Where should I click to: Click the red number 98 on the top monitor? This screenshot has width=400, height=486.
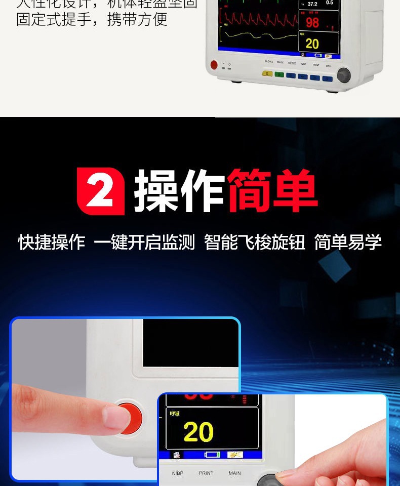click(x=312, y=22)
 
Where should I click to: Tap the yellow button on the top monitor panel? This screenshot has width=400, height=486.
click(x=267, y=74)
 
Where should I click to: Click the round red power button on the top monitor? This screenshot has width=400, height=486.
click(x=214, y=65)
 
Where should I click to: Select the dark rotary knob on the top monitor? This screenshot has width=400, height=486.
click(x=344, y=75)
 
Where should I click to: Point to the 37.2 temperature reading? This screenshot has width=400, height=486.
click(x=312, y=4)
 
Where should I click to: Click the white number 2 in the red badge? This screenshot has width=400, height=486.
click(x=101, y=191)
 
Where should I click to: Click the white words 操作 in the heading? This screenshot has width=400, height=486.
click(x=179, y=191)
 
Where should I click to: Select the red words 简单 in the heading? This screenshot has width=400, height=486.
click(x=272, y=191)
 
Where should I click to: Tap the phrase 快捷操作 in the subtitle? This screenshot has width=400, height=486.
click(x=52, y=242)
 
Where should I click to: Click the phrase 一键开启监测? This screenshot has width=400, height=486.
click(x=144, y=242)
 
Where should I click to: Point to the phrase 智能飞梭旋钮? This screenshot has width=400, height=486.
click(x=255, y=242)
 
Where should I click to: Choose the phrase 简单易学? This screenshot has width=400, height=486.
click(x=348, y=242)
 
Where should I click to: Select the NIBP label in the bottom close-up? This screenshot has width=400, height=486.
click(x=178, y=473)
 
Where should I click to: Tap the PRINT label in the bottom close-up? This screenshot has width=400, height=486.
click(x=206, y=473)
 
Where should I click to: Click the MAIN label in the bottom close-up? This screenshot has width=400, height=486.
click(x=234, y=473)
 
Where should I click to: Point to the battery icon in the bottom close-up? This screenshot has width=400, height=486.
click(x=212, y=455)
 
